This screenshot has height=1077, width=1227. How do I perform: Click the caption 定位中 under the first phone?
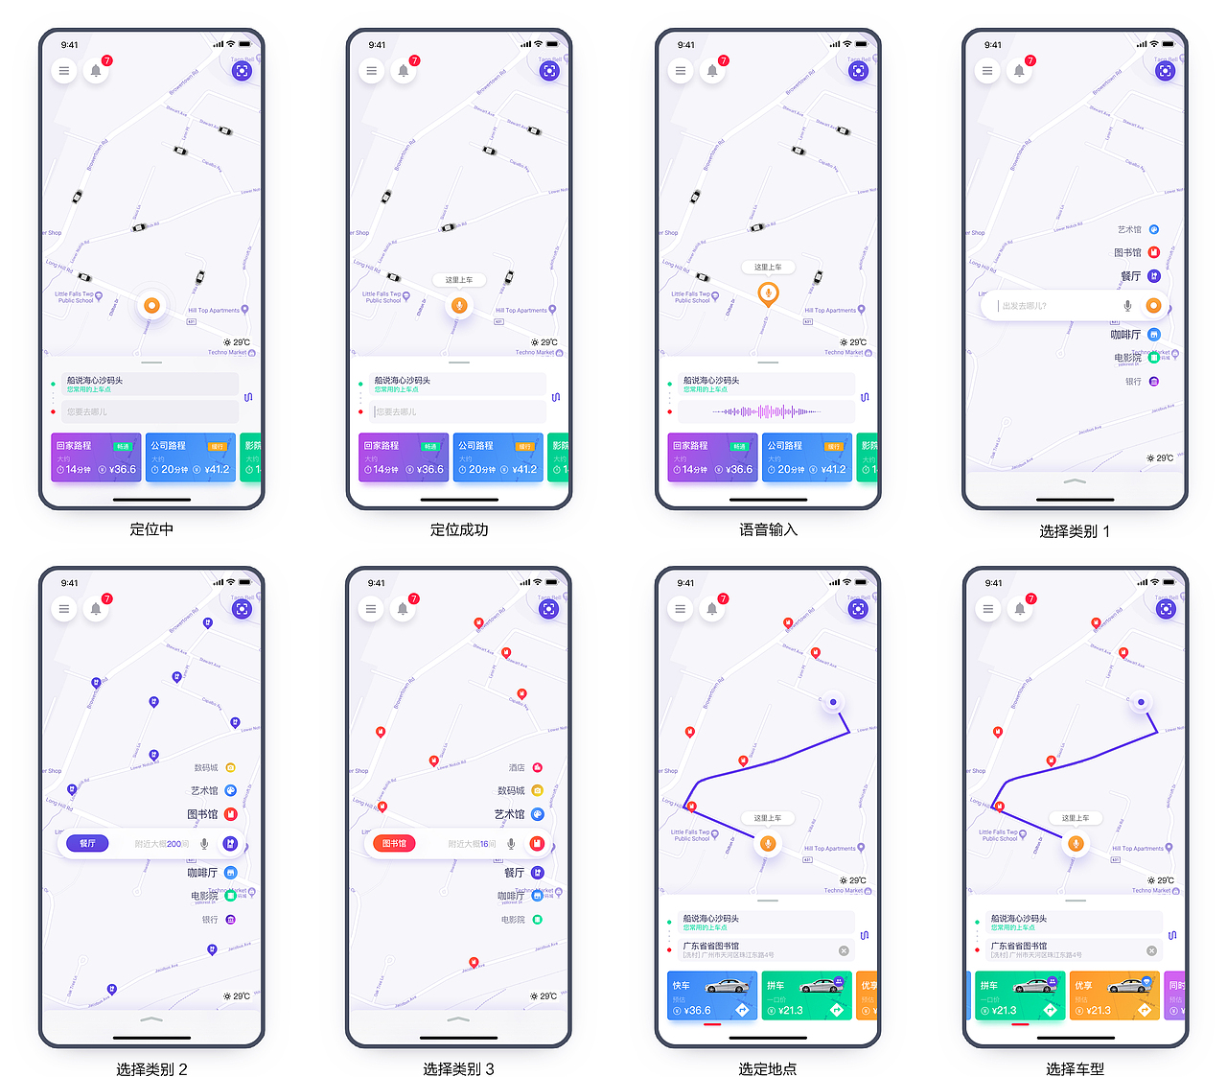[151, 529]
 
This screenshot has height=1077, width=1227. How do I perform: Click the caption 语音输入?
[768, 529]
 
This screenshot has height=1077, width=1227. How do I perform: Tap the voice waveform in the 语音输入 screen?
[766, 411]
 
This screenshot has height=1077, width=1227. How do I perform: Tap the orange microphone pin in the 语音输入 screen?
[768, 293]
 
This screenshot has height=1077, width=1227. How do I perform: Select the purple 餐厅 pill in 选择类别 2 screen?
[88, 844]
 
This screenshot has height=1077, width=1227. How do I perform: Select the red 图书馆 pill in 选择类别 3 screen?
[394, 844]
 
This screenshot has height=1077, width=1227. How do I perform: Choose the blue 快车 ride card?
[711, 995]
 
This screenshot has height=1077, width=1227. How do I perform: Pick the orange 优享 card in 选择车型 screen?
[1113, 995]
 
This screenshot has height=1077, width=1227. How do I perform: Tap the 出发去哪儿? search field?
[1054, 306]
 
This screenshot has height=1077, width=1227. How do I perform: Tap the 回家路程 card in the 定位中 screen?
[95, 457]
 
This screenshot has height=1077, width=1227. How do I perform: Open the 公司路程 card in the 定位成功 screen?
[498, 457]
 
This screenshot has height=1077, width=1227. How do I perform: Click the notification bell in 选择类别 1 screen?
[1019, 71]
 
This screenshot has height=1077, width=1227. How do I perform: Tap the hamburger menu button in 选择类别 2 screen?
[64, 609]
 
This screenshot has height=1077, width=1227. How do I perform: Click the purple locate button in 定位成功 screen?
[549, 71]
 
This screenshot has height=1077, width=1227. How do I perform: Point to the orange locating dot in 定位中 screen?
[150, 306]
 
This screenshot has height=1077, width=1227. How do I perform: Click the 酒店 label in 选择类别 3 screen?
[517, 767]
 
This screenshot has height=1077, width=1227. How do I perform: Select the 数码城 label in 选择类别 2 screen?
[206, 767]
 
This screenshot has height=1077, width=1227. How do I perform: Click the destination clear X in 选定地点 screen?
[844, 950]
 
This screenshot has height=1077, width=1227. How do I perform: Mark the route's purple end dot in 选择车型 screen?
[1141, 702]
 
